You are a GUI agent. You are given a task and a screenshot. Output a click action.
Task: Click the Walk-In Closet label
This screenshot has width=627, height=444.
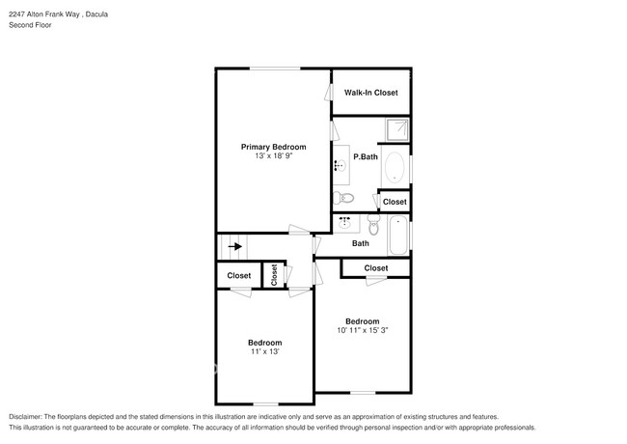(371, 93)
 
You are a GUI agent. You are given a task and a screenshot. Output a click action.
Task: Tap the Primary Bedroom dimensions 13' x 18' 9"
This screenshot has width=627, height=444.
(274, 156)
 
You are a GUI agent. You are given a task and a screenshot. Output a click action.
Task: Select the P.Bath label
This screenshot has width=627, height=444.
(366, 156)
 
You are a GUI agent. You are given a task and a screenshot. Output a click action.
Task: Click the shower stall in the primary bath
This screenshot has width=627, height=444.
(397, 129)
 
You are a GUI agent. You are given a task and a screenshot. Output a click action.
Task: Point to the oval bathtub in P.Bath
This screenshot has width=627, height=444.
(395, 167)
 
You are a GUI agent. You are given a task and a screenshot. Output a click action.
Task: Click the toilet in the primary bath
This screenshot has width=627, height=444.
(344, 198)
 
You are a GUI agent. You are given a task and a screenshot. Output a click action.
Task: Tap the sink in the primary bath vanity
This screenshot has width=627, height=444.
(341, 165)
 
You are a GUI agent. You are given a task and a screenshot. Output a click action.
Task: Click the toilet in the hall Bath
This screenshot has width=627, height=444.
(373, 225)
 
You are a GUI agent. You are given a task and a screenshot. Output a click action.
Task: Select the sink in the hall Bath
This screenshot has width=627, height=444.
(344, 223)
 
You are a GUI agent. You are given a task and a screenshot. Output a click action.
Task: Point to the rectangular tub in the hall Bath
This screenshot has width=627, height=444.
(398, 235)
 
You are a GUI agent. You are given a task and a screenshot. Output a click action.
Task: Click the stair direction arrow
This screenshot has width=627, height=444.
(235, 246)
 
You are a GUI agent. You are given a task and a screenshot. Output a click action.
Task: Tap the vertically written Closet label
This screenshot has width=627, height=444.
(274, 275)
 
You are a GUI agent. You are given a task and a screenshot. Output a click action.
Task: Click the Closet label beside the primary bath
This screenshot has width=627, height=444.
(395, 202)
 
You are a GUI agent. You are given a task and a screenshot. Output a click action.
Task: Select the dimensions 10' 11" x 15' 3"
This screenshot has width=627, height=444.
(363, 330)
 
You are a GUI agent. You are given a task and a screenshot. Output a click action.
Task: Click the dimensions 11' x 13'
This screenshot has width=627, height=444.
(264, 351)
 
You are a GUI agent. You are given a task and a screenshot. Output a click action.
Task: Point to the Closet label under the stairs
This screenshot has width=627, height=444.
(238, 276)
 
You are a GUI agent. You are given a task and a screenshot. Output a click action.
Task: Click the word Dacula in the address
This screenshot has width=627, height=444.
(96, 14)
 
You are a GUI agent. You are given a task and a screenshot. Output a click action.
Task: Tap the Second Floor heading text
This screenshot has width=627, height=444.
(31, 25)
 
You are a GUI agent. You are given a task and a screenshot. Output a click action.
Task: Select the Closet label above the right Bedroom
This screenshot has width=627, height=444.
(376, 268)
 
